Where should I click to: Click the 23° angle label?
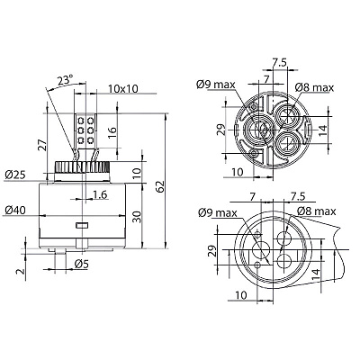(x=65, y=80)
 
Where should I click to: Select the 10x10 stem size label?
(x=123, y=88)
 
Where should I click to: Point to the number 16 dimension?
(x=111, y=133)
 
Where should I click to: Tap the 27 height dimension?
(x=43, y=144)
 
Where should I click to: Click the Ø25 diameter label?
(x=15, y=175)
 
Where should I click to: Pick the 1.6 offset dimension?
(x=100, y=194)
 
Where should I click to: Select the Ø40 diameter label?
(x=15, y=210)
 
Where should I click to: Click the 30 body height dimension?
(x=137, y=216)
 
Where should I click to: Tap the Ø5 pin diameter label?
(x=82, y=264)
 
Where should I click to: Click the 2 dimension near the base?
(x=20, y=271)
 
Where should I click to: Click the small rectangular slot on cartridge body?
(x=81, y=225)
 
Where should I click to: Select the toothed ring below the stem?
(x=82, y=166)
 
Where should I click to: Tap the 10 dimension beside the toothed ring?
(x=137, y=173)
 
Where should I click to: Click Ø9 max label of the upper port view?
(x=216, y=85)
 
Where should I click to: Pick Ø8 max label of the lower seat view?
(x=317, y=211)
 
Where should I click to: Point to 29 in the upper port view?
(x=220, y=130)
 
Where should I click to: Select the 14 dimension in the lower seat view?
(x=315, y=275)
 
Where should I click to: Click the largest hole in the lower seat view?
(x=261, y=249)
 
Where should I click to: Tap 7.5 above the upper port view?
(x=280, y=62)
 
